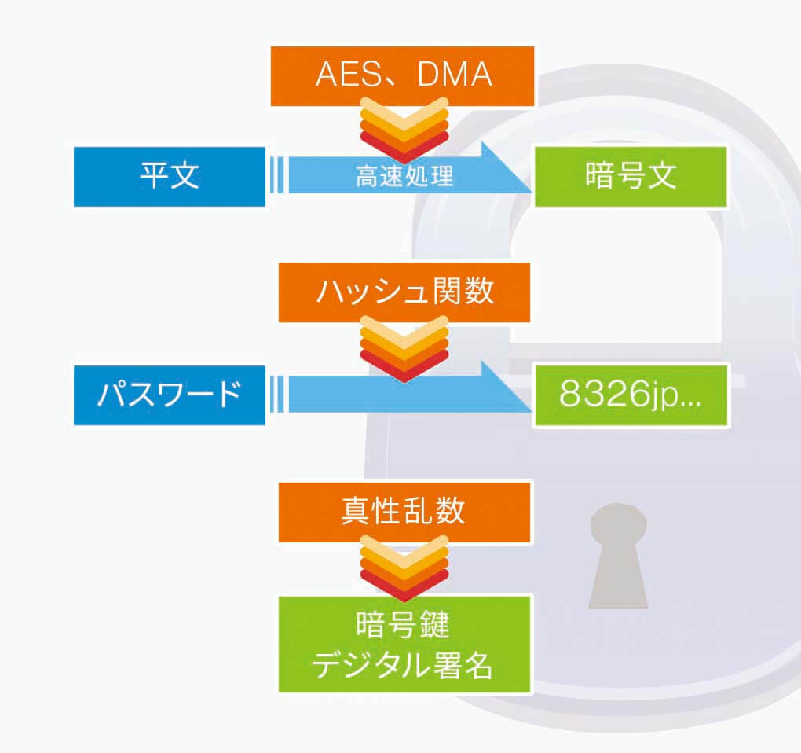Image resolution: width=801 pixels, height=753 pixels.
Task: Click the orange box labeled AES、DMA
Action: [x=402, y=75]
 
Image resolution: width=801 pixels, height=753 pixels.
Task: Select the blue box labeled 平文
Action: [x=170, y=176]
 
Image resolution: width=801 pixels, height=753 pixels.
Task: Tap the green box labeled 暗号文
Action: [x=631, y=176]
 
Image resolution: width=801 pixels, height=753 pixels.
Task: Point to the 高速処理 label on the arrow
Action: [x=404, y=177]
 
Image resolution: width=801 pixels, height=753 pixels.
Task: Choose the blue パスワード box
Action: [x=170, y=395]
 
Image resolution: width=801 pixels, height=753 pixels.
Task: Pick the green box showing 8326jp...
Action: [x=631, y=395]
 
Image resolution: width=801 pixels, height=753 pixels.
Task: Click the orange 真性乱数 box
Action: [x=404, y=512]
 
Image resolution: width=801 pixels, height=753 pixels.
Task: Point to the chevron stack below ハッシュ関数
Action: [x=404, y=348]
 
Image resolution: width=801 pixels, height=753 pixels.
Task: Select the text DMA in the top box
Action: [x=455, y=75]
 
